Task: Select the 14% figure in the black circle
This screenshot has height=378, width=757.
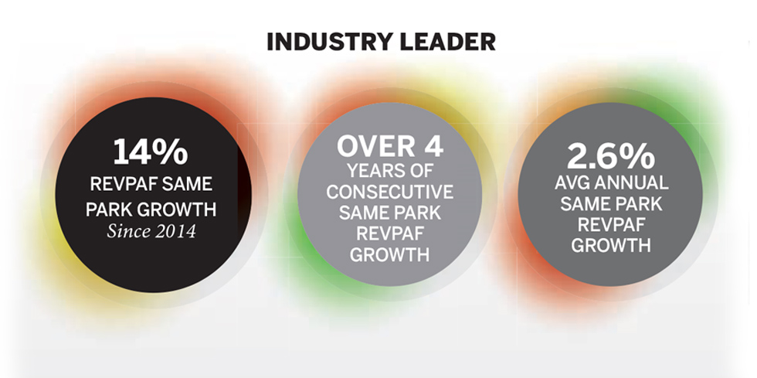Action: (150, 152)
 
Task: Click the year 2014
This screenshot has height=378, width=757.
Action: (176, 232)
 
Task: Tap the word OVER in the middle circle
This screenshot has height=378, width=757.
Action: (372, 146)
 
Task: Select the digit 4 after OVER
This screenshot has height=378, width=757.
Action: (433, 146)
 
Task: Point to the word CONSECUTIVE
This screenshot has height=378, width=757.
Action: (389, 192)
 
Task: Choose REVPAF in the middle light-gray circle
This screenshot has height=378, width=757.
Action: (389, 233)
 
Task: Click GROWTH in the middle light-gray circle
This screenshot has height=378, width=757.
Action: (389, 255)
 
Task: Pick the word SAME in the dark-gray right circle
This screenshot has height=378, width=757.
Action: (584, 204)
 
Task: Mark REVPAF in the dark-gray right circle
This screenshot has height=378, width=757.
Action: (610, 225)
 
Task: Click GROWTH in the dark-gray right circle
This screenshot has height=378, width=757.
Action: (610, 246)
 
